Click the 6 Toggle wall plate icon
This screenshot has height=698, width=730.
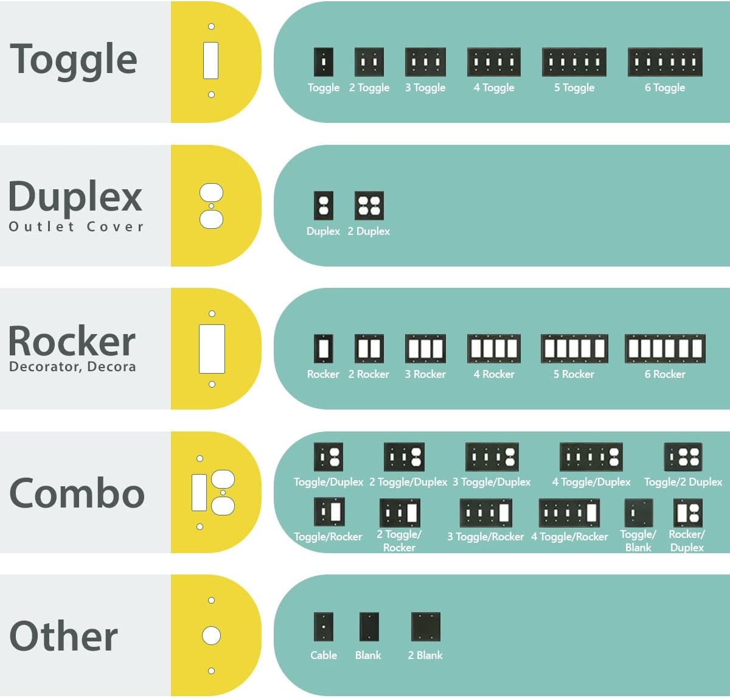click(x=665, y=62)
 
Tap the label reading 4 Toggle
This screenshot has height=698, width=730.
click(x=494, y=88)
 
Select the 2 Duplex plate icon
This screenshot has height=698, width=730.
click(x=369, y=206)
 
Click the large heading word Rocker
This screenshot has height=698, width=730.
click(x=72, y=341)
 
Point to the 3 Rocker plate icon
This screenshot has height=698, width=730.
click(x=425, y=349)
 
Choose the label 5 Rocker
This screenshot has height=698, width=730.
click(x=574, y=374)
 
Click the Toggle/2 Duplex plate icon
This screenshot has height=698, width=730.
click(x=683, y=456)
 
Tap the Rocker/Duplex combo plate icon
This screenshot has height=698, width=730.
click(x=687, y=512)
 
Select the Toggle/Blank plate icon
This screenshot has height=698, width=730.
click(x=639, y=512)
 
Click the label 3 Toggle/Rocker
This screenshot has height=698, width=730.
click(x=485, y=537)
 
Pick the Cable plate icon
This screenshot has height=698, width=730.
click(x=324, y=627)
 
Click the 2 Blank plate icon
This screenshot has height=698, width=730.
click(x=425, y=627)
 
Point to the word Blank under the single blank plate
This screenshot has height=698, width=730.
click(x=368, y=655)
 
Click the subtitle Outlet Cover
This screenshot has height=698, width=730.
click(x=76, y=226)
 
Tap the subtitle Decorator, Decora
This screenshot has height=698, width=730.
click(x=72, y=366)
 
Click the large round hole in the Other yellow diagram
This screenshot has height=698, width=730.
click(x=211, y=636)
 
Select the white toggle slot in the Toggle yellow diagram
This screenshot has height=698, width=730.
click(x=210, y=60)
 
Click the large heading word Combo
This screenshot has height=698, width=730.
click(x=77, y=493)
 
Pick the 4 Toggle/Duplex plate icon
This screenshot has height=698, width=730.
click(x=591, y=456)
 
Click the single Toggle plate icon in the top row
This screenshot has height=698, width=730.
click(x=324, y=62)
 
